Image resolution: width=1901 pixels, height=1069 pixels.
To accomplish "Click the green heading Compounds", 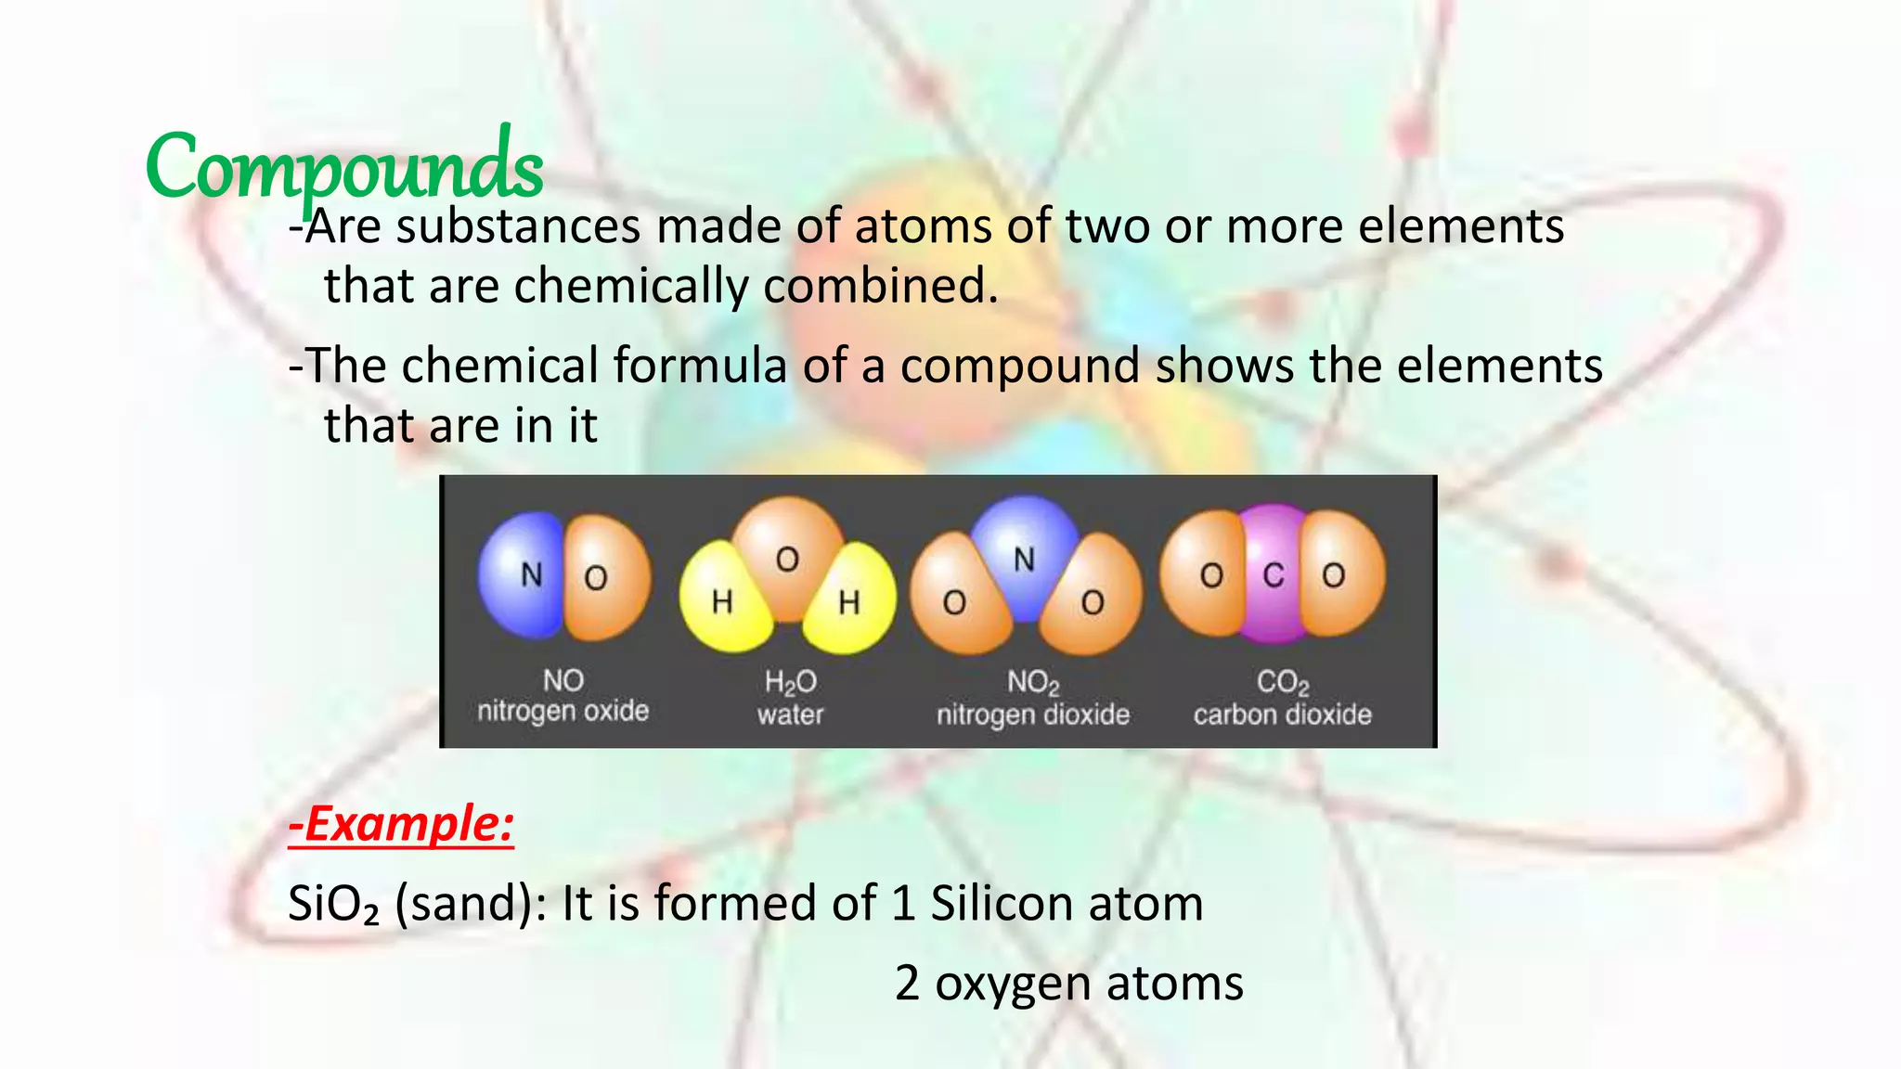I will point(343,167).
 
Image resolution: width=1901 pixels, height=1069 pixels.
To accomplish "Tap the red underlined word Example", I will point(401,824).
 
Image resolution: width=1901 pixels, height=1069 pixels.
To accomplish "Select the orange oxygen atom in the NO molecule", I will point(605,577).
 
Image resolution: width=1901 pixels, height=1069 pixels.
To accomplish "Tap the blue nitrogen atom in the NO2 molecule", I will point(1024,557).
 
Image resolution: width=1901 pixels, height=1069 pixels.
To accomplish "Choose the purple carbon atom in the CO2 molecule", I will point(1273,575).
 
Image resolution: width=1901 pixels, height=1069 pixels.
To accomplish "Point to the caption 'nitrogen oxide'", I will point(563,712).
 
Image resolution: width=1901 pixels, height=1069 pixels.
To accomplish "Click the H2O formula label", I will point(790,683).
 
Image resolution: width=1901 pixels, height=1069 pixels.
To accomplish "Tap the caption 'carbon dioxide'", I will point(1282,715).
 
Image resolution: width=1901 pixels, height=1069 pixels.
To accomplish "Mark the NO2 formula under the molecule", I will point(1033,683).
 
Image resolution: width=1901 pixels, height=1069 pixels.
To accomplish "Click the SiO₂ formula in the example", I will point(333,904).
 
